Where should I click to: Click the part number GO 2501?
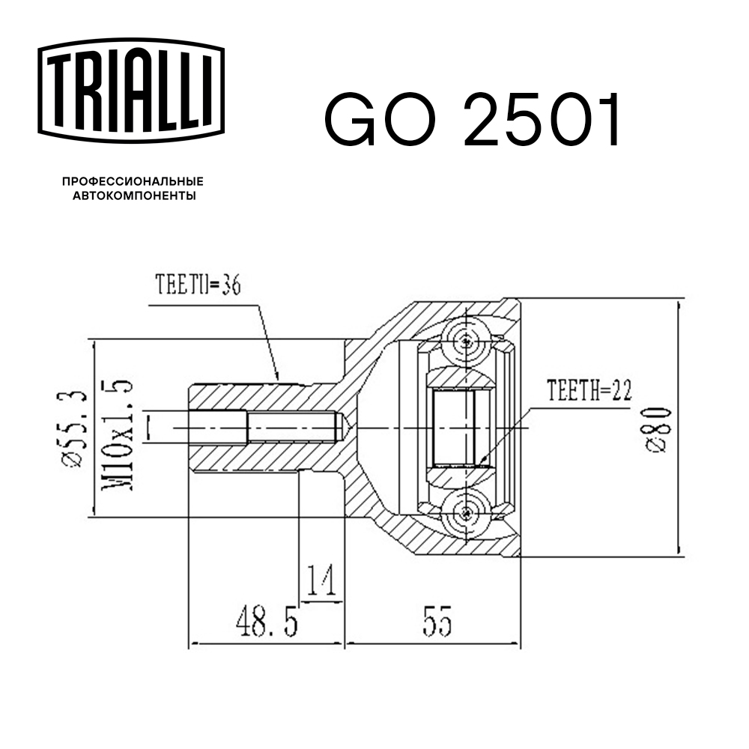(x=473, y=121)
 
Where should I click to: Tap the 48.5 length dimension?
(x=265, y=621)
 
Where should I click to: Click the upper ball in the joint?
(x=467, y=342)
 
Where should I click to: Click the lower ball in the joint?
(x=467, y=513)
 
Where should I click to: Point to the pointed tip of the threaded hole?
(x=347, y=428)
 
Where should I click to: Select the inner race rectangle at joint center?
(x=455, y=428)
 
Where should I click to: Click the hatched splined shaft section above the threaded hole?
(x=247, y=397)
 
